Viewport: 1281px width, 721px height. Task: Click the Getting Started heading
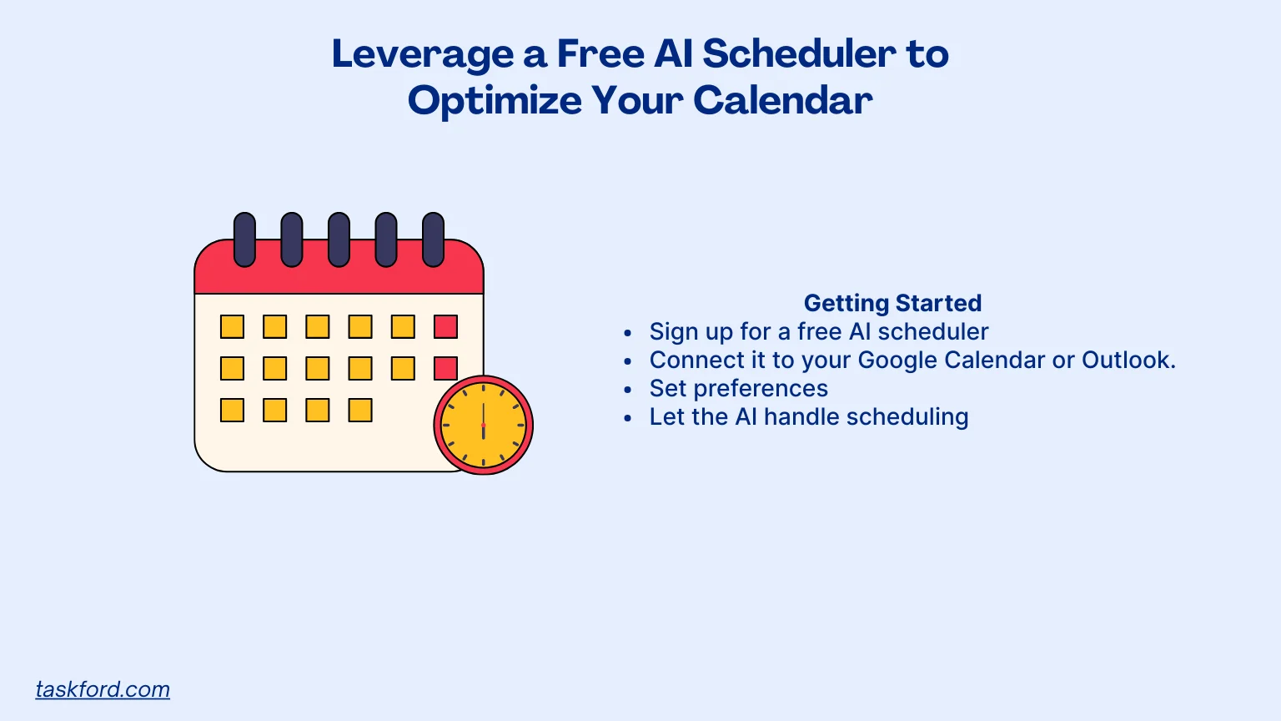[x=892, y=303]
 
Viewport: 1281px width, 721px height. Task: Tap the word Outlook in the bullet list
[x=1127, y=360]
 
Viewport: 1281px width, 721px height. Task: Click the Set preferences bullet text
[x=738, y=388]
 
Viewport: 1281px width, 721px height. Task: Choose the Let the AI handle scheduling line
[x=808, y=416]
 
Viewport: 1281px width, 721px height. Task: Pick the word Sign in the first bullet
[x=672, y=332]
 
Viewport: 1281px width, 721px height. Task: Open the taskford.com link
[x=103, y=689]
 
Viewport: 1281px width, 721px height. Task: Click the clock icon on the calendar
[x=483, y=425]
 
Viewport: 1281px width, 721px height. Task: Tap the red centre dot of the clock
[x=483, y=425]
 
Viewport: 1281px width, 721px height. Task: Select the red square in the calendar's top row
[x=445, y=326]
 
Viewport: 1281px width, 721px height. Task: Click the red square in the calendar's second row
[x=445, y=368]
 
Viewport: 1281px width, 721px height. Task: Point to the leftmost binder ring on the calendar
[x=244, y=239]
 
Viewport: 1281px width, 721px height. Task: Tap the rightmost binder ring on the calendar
[x=433, y=239]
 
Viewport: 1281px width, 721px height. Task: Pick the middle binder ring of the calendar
[x=339, y=239]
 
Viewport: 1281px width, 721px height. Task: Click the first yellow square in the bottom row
[x=232, y=410]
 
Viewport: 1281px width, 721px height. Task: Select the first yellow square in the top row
[x=232, y=326]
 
